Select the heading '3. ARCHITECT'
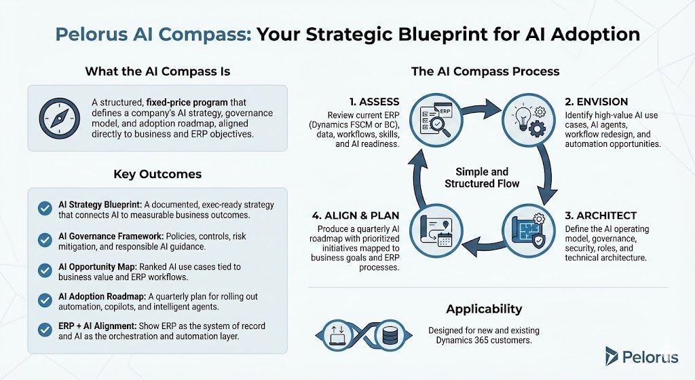(600, 215)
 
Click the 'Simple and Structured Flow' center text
(482, 177)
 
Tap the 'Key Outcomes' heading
(157, 174)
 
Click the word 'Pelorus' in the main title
(95, 34)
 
